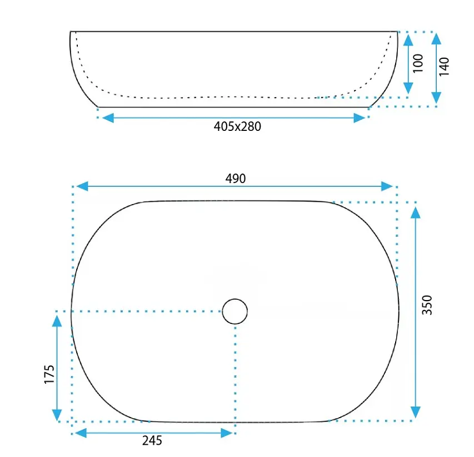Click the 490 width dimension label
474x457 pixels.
(236, 179)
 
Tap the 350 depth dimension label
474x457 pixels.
(427, 305)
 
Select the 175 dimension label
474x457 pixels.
(49, 374)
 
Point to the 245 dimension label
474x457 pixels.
(152, 441)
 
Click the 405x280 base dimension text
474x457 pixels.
(237, 126)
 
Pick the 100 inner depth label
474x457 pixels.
(418, 63)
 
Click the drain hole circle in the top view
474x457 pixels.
(235, 311)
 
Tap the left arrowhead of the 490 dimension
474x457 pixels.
(82, 186)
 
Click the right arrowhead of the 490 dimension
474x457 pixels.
(387, 186)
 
